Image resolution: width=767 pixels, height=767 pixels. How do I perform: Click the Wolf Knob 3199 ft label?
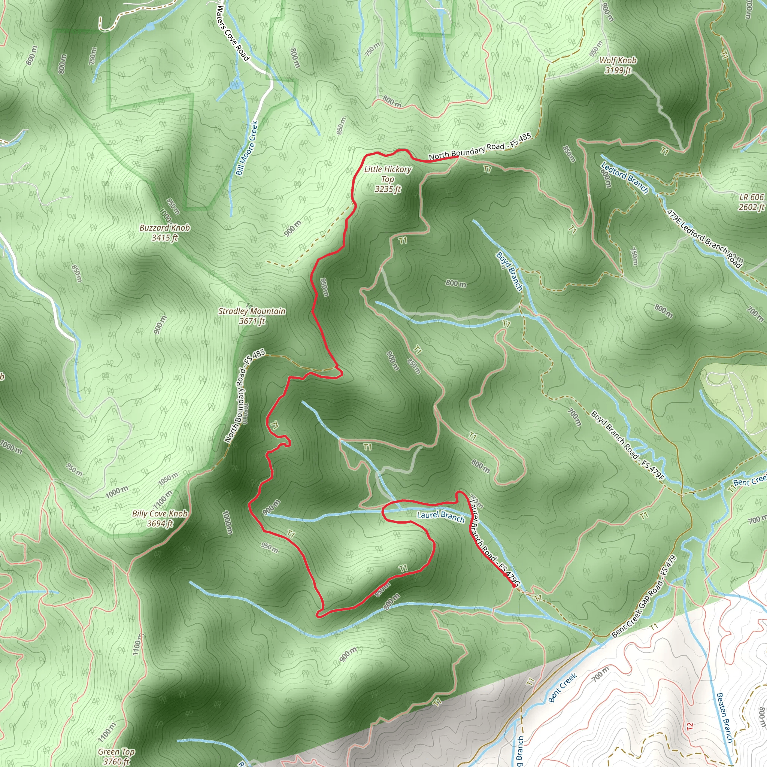[x=618, y=66]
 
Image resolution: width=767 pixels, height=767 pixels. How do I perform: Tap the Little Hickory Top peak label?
[x=388, y=179]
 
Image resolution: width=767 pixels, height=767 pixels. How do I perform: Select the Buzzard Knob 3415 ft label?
[x=165, y=233]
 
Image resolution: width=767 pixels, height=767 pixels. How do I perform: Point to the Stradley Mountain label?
[x=252, y=316]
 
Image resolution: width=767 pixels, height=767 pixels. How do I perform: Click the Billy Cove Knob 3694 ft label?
[x=160, y=518]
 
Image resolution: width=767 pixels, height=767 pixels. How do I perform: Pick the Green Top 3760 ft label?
[x=116, y=756]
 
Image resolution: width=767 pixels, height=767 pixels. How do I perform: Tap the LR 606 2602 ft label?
[x=751, y=202]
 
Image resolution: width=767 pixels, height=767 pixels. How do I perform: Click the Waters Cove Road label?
[x=233, y=33]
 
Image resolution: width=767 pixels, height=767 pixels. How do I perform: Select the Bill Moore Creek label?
[x=246, y=148]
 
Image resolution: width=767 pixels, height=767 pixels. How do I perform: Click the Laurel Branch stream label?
[x=440, y=516]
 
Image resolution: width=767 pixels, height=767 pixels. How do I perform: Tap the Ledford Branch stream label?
[x=624, y=178]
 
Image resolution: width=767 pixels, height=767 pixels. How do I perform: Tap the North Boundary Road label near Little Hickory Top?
[x=480, y=147]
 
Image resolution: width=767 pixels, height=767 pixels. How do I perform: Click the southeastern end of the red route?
[x=515, y=586]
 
